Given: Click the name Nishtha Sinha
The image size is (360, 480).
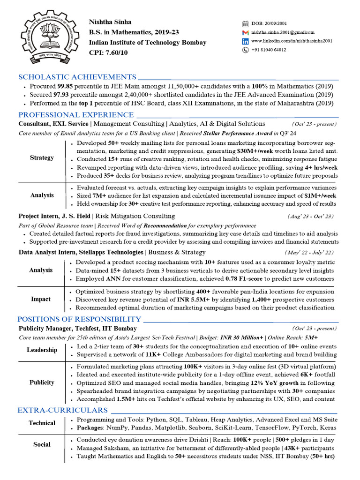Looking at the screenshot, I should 110,22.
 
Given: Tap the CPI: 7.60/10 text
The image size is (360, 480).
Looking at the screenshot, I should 108,52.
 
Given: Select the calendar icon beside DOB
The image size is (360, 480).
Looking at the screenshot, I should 245,23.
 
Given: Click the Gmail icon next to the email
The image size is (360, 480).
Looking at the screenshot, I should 245,32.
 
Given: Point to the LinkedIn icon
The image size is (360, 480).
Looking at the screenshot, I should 245,41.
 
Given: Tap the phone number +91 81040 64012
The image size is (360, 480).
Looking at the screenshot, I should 269,50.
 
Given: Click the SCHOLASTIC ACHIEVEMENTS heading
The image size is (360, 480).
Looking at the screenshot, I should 77,77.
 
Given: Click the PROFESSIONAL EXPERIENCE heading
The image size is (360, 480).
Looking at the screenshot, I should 76,115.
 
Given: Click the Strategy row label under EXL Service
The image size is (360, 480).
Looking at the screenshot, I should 42,158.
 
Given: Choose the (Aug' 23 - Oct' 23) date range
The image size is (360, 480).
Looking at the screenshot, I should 310,216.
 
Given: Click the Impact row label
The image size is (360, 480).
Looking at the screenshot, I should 41,300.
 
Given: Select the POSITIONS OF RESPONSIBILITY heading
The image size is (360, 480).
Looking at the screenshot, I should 80,319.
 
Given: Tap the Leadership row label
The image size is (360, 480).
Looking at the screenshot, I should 42,350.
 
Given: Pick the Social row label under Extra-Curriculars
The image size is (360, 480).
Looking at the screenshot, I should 42,444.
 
